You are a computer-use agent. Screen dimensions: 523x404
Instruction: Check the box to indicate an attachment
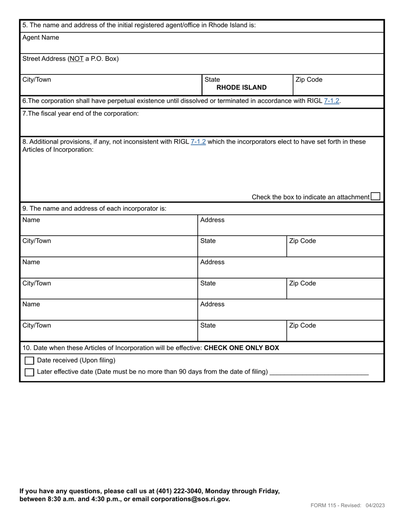pyautogui.click(x=375, y=196)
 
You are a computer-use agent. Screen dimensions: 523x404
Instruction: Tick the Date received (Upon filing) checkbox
pyautogui.click(x=29, y=361)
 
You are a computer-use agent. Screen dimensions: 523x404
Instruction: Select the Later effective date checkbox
pyautogui.click(x=29, y=372)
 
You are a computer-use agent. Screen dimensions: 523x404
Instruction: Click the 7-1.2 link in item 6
pyautogui.click(x=331, y=101)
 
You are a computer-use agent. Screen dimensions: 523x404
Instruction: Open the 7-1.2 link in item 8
pyautogui.click(x=198, y=142)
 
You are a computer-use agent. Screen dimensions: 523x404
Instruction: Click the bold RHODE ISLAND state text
pyautogui.click(x=242, y=88)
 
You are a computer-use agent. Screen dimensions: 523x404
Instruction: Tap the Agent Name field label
pyautogui.click(x=41, y=37)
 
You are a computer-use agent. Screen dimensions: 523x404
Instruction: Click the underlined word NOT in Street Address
pyautogui.click(x=77, y=59)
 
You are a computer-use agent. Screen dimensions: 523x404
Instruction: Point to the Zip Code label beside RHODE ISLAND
pyautogui.click(x=309, y=80)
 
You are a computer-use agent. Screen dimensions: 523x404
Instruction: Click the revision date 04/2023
pyautogui.click(x=375, y=505)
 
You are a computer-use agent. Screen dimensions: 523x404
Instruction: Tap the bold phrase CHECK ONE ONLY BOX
pyautogui.click(x=242, y=348)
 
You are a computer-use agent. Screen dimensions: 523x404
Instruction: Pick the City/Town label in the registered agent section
pyautogui.click(x=37, y=80)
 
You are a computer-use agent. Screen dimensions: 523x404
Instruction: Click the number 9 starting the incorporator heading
pyautogui.click(x=24, y=208)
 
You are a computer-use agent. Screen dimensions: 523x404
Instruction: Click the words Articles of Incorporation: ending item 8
pyautogui.click(x=58, y=150)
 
